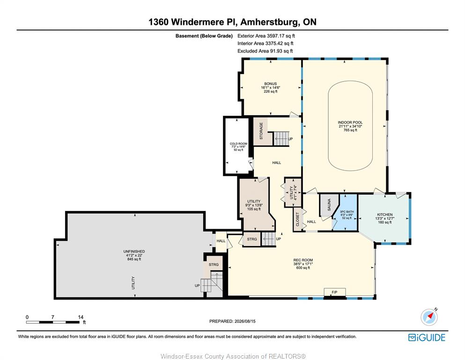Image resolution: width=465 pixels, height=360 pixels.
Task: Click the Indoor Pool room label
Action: click(x=350, y=126)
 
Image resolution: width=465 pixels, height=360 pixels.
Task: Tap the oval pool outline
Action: click(x=328, y=126)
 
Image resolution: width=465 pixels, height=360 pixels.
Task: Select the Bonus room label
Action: click(x=271, y=88)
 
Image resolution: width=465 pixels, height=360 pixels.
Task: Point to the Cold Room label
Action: click(x=238, y=147)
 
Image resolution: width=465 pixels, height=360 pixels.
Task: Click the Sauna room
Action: click(x=329, y=205)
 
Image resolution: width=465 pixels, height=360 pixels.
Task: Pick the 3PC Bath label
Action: click(x=347, y=215)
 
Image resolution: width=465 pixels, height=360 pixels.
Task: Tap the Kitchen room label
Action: click(x=384, y=218)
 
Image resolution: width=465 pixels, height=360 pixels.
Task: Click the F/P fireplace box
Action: click(x=334, y=292)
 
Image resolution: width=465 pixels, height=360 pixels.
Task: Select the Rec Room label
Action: click(x=303, y=264)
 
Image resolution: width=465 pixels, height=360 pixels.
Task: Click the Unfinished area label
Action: click(x=134, y=255)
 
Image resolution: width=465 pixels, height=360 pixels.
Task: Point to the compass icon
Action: click(x=429, y=317)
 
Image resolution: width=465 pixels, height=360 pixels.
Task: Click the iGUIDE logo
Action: click(x=427, y=337)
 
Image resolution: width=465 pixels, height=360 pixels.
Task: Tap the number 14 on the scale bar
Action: click(x=81, y=317)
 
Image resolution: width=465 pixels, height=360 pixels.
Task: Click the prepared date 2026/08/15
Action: click(x=245, y=321)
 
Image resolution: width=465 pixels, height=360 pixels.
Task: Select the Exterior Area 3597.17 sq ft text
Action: click(x=266, y=36)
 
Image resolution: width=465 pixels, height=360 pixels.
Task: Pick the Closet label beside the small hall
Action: click(x=297, y=219)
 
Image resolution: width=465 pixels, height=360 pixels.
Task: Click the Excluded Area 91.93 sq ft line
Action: click(x=265, y=51)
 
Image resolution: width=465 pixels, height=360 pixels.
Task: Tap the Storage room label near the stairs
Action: click(x=261, y=131)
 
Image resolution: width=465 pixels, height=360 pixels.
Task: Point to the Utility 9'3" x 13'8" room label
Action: click(x=254, y=205)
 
